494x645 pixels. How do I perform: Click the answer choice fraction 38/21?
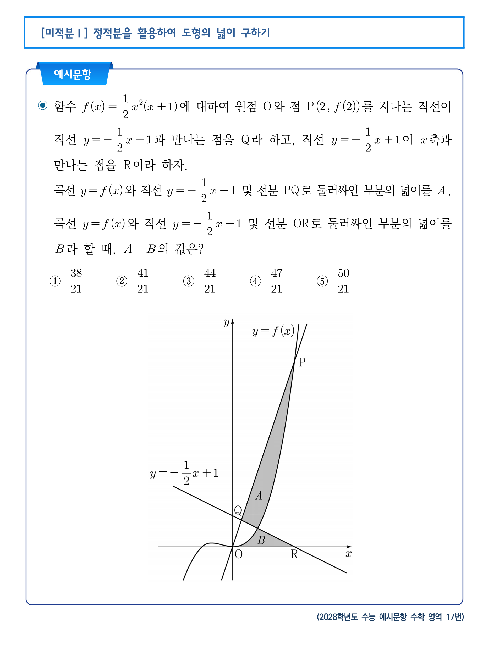(x=76, y=281)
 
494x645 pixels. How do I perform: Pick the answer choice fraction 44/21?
(x=210, y=281)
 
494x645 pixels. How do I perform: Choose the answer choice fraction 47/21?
(x=276, y=281)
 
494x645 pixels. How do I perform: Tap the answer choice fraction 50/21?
(x=343, y=281)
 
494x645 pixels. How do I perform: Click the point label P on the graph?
(x=302, y=362)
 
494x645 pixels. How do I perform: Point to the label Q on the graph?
(x=238, y=510)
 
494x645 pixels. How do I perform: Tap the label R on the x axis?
(x=294, y=554)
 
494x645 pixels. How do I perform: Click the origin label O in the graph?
(x=238, y=554)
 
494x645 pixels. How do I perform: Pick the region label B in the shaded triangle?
(x=261, y=540)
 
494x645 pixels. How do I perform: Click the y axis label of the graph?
(x=226, y=322)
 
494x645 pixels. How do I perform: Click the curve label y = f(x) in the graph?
(x=273, y=331)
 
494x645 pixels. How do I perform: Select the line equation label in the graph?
(x=184, y=473)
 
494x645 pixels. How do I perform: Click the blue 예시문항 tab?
(x=73, y=74)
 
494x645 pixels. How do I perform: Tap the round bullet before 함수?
(x=43, y=105)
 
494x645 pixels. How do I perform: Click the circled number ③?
(x=189, y=281)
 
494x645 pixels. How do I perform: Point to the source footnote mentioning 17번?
(x=390, y=616)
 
